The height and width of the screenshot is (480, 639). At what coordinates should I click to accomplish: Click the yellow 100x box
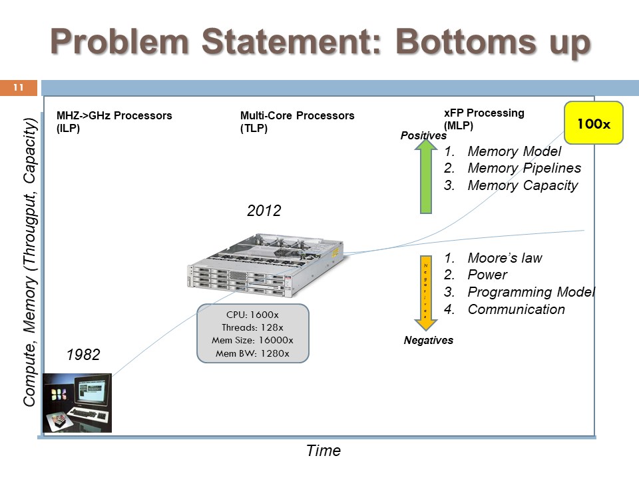[593, 123]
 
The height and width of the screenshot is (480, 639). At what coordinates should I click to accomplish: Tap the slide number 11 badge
[18, 87]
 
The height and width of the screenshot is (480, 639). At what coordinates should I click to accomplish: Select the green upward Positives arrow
[426, 178]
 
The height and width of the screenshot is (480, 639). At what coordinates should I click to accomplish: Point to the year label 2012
[264, 211]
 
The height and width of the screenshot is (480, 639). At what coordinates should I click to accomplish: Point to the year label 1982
[83, 355]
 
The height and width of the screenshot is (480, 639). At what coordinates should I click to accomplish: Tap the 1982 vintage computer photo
[77, 402]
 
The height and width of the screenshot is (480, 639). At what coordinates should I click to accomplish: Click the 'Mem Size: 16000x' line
[253, 341]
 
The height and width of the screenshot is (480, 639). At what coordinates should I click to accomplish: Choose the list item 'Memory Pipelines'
[524, 168]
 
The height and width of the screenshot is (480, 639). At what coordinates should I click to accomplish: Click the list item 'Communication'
[516, 309]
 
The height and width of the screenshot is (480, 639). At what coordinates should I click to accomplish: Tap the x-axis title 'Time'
[323, 451]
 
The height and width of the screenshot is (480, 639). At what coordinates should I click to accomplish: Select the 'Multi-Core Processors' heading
[297, 115]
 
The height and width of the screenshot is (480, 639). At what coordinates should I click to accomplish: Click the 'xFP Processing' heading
[484, 113]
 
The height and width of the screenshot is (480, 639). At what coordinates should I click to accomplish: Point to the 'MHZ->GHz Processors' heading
[114, 115]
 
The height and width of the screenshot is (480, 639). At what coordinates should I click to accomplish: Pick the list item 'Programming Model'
[531, 292]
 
